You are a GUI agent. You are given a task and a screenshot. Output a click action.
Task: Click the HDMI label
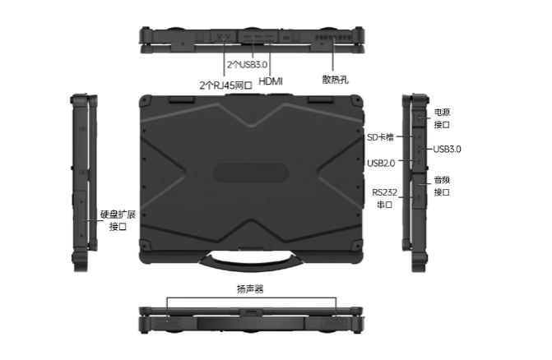271,82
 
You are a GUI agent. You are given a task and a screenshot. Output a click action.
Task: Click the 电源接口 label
442,118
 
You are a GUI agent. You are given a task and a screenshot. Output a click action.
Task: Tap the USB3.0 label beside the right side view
447,149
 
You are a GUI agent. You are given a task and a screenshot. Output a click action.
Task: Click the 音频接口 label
442,185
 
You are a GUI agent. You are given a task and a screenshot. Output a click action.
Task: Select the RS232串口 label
384,197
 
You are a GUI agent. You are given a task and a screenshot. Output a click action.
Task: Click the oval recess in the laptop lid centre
251,173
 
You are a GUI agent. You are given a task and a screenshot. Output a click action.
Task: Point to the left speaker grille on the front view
168,323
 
